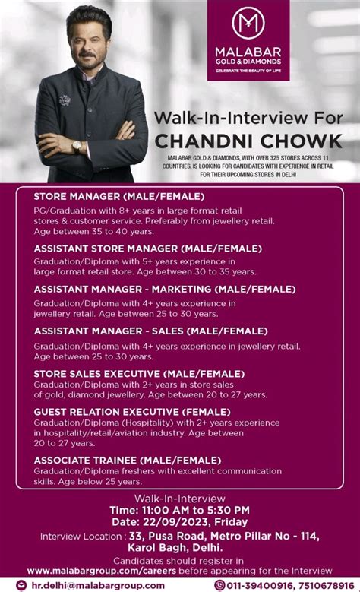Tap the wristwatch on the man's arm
tap(77, 147)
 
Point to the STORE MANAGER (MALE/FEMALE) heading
tap(118, 197)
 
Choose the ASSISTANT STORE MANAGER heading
tap(147, 249)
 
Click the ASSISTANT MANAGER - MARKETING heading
tap(164, 290)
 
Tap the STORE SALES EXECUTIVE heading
tap(139, 374)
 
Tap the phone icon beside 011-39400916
tap(219, 585)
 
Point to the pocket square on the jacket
tap(65, 99)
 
